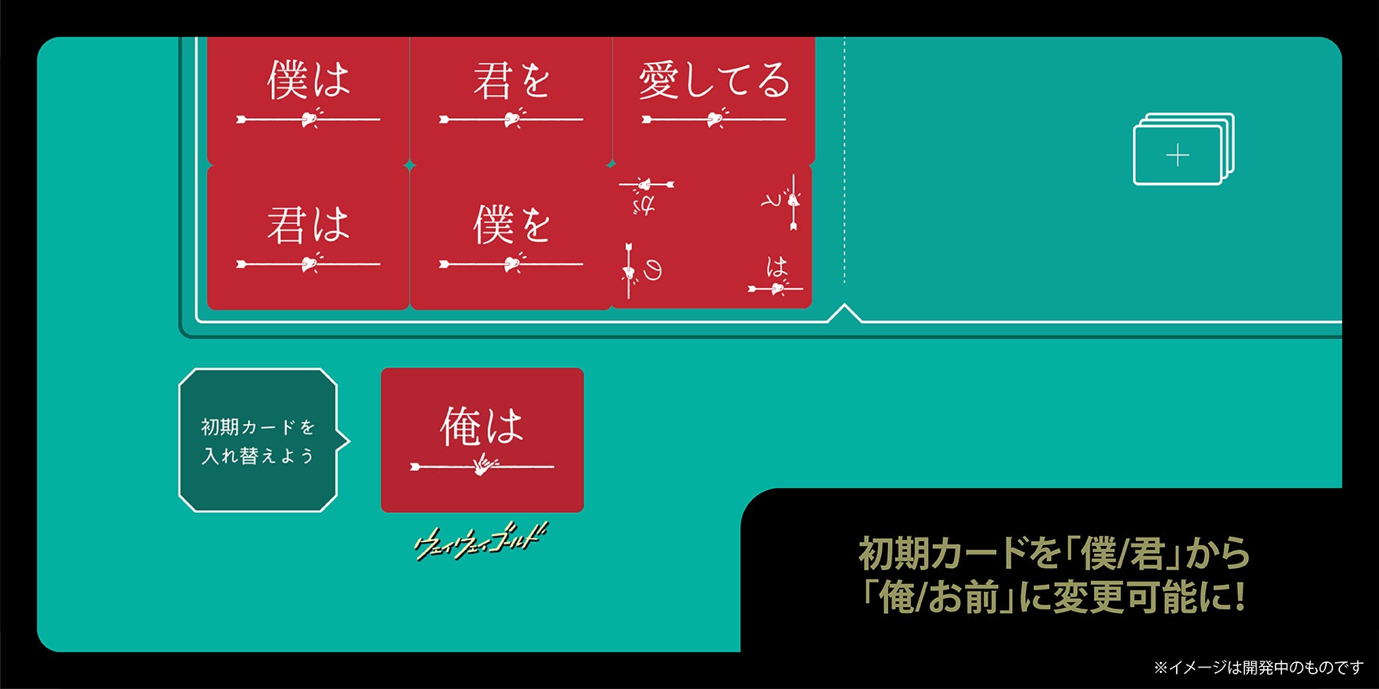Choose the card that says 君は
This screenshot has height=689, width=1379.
[308, 237]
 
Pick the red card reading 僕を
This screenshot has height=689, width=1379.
[511, 237]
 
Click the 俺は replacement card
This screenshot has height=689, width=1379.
[482, 439]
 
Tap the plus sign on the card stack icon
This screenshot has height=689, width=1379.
[1178, 156]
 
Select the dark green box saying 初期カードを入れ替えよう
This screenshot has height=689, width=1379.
[257, 440]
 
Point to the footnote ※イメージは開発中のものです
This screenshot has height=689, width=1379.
[1259, 668]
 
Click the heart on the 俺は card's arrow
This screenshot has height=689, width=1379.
[483, 465]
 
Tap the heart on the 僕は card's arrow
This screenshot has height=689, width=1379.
[309, 119]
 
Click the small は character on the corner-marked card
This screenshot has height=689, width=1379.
[776, 266]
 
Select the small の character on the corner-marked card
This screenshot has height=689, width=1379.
[652, 269]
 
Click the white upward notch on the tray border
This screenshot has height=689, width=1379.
[844, 312]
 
